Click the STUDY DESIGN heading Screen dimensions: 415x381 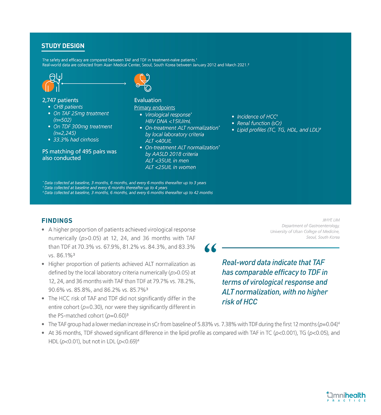pyautogui.click(x=63, y=46)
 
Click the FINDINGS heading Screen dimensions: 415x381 pyautogui.click(x=57, y=220)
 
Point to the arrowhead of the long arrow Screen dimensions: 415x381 pyautogui.click(x=125, y=83)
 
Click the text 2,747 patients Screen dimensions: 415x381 pyautogui.click(x=60, y=100)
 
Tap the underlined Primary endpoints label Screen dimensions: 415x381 pyautogui.click(x=154, y=108)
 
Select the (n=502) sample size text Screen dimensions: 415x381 pyautogui.click(x=62, y=120)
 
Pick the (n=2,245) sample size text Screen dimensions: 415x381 pyautogui.click(x=65, y=133)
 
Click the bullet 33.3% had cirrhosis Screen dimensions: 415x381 pyautogui.click(x=76, y=140)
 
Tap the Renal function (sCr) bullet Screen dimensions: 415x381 pyautogui.click(x=259, y=123)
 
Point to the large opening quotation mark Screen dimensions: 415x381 pyautogui.click(x=210, y=248)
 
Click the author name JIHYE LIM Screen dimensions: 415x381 pyautogui.click(x=331, y=220)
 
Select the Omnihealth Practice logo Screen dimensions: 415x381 pyautogui.click(x=346, y=396)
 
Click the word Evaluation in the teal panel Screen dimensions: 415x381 pyautogui.click(x=148, y=100)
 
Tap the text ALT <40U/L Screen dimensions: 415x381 pyautogui.click(x=158, y=141)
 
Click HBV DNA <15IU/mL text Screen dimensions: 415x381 pyautogui.click(x=168, y=121)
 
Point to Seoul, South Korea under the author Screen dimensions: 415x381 pyautogui.click(x=323, y=237)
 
